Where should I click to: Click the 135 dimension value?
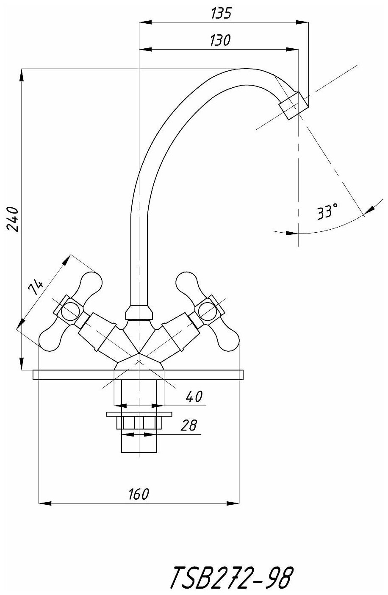click(221, 14)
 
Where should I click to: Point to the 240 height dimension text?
click(13, 219)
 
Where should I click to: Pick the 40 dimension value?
click(194, 397)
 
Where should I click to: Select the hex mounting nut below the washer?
click(139, 423)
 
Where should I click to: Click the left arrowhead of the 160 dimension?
click(44, 503)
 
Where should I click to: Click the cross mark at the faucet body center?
click(139, 361)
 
